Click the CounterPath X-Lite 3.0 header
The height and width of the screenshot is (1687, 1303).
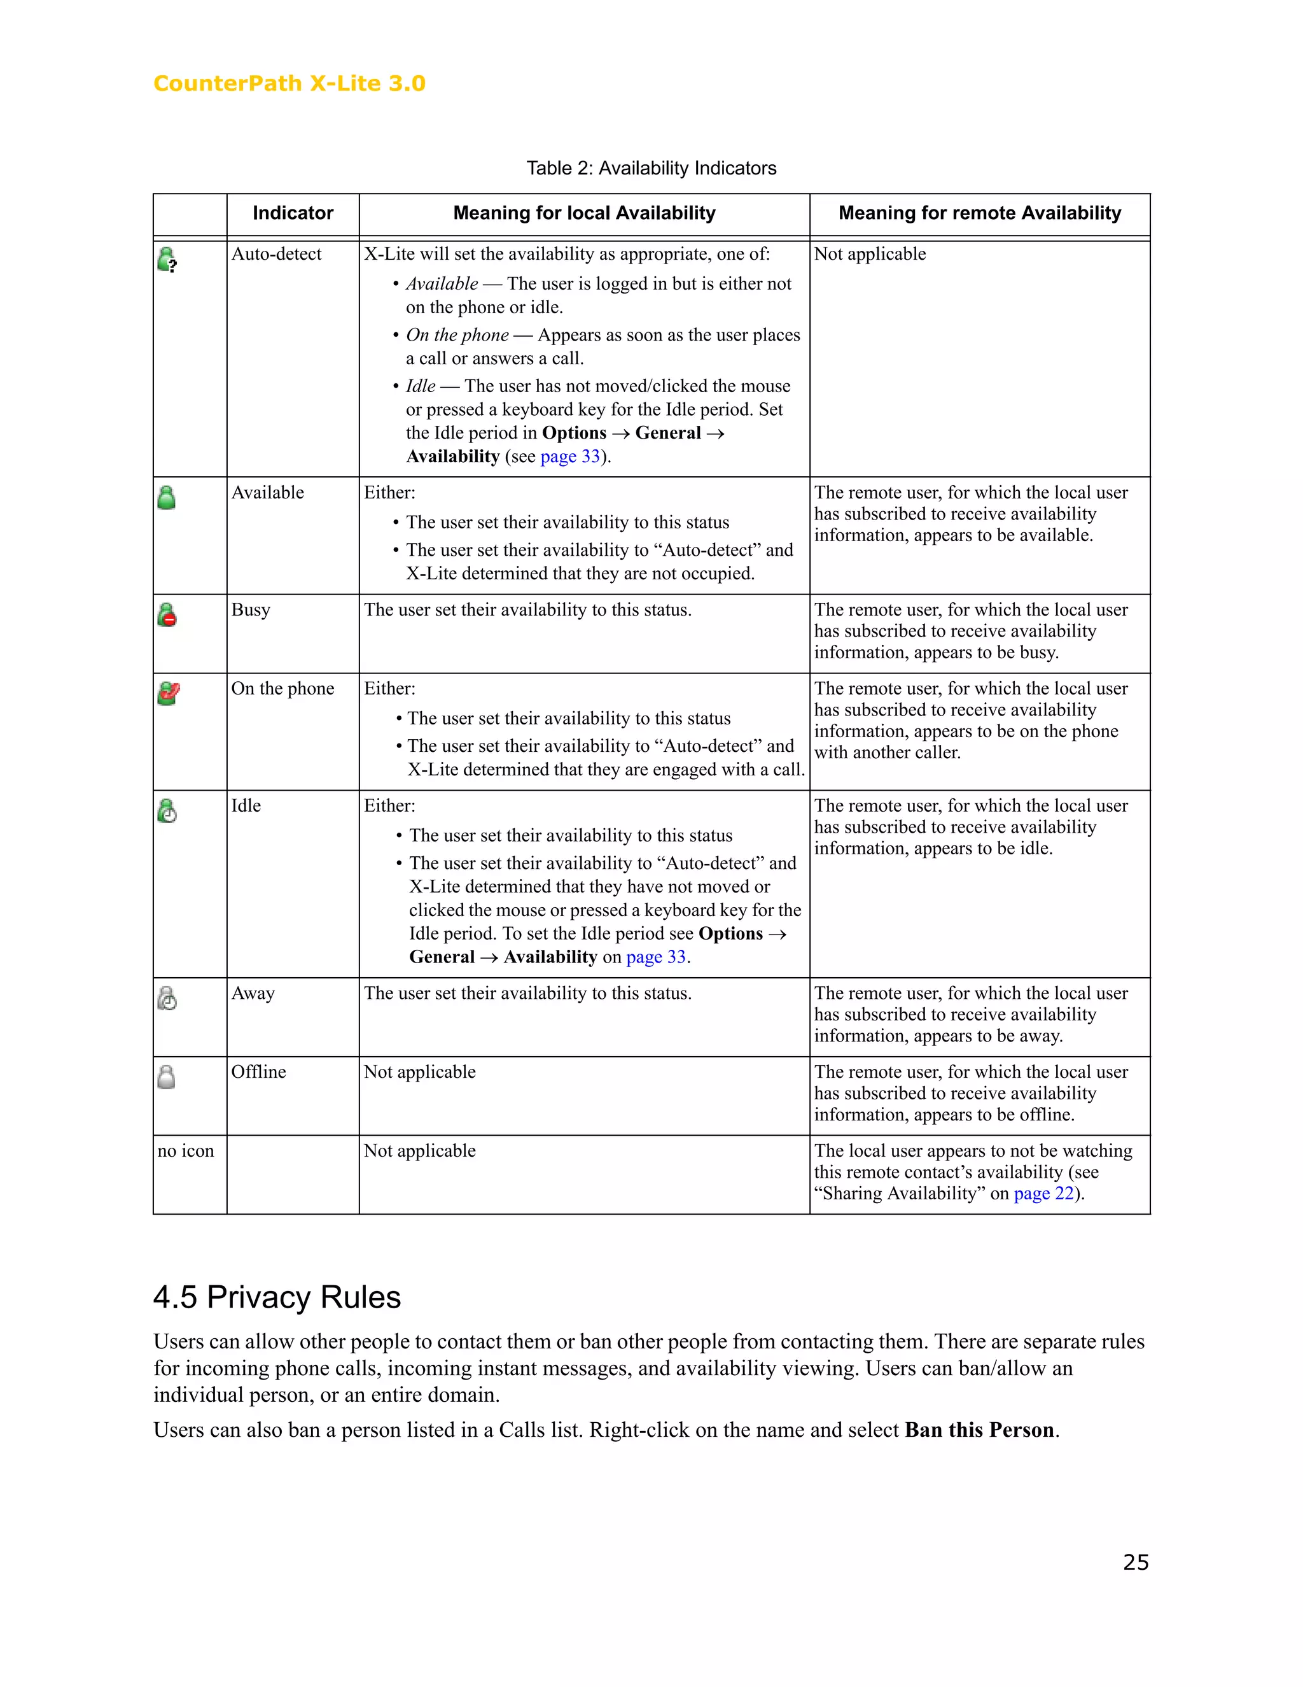pos(289,83)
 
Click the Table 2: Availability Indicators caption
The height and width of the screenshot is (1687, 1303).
pos(651,169)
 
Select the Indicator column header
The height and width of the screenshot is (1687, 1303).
pos(293,213)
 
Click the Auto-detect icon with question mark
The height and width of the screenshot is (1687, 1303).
pos(167,260)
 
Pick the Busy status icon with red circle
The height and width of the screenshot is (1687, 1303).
pos(167,615)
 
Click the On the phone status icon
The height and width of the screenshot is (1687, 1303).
pos(167,693)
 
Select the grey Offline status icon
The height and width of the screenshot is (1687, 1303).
pos(166,1076)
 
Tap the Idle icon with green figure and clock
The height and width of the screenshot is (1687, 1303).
pos(167,810)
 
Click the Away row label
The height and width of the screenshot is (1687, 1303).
pos(253,993)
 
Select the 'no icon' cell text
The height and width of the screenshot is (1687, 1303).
pos(185,1151)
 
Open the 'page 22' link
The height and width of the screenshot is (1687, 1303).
pos(1043,1194)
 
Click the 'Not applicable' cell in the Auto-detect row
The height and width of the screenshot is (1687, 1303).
pos(870,254)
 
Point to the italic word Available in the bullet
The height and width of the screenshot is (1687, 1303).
pos(442,285)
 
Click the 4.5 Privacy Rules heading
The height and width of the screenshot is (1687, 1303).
pos(277,1297)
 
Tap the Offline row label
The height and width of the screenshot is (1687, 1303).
pos(258,1072)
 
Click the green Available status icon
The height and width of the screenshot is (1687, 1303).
pos(166,497)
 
